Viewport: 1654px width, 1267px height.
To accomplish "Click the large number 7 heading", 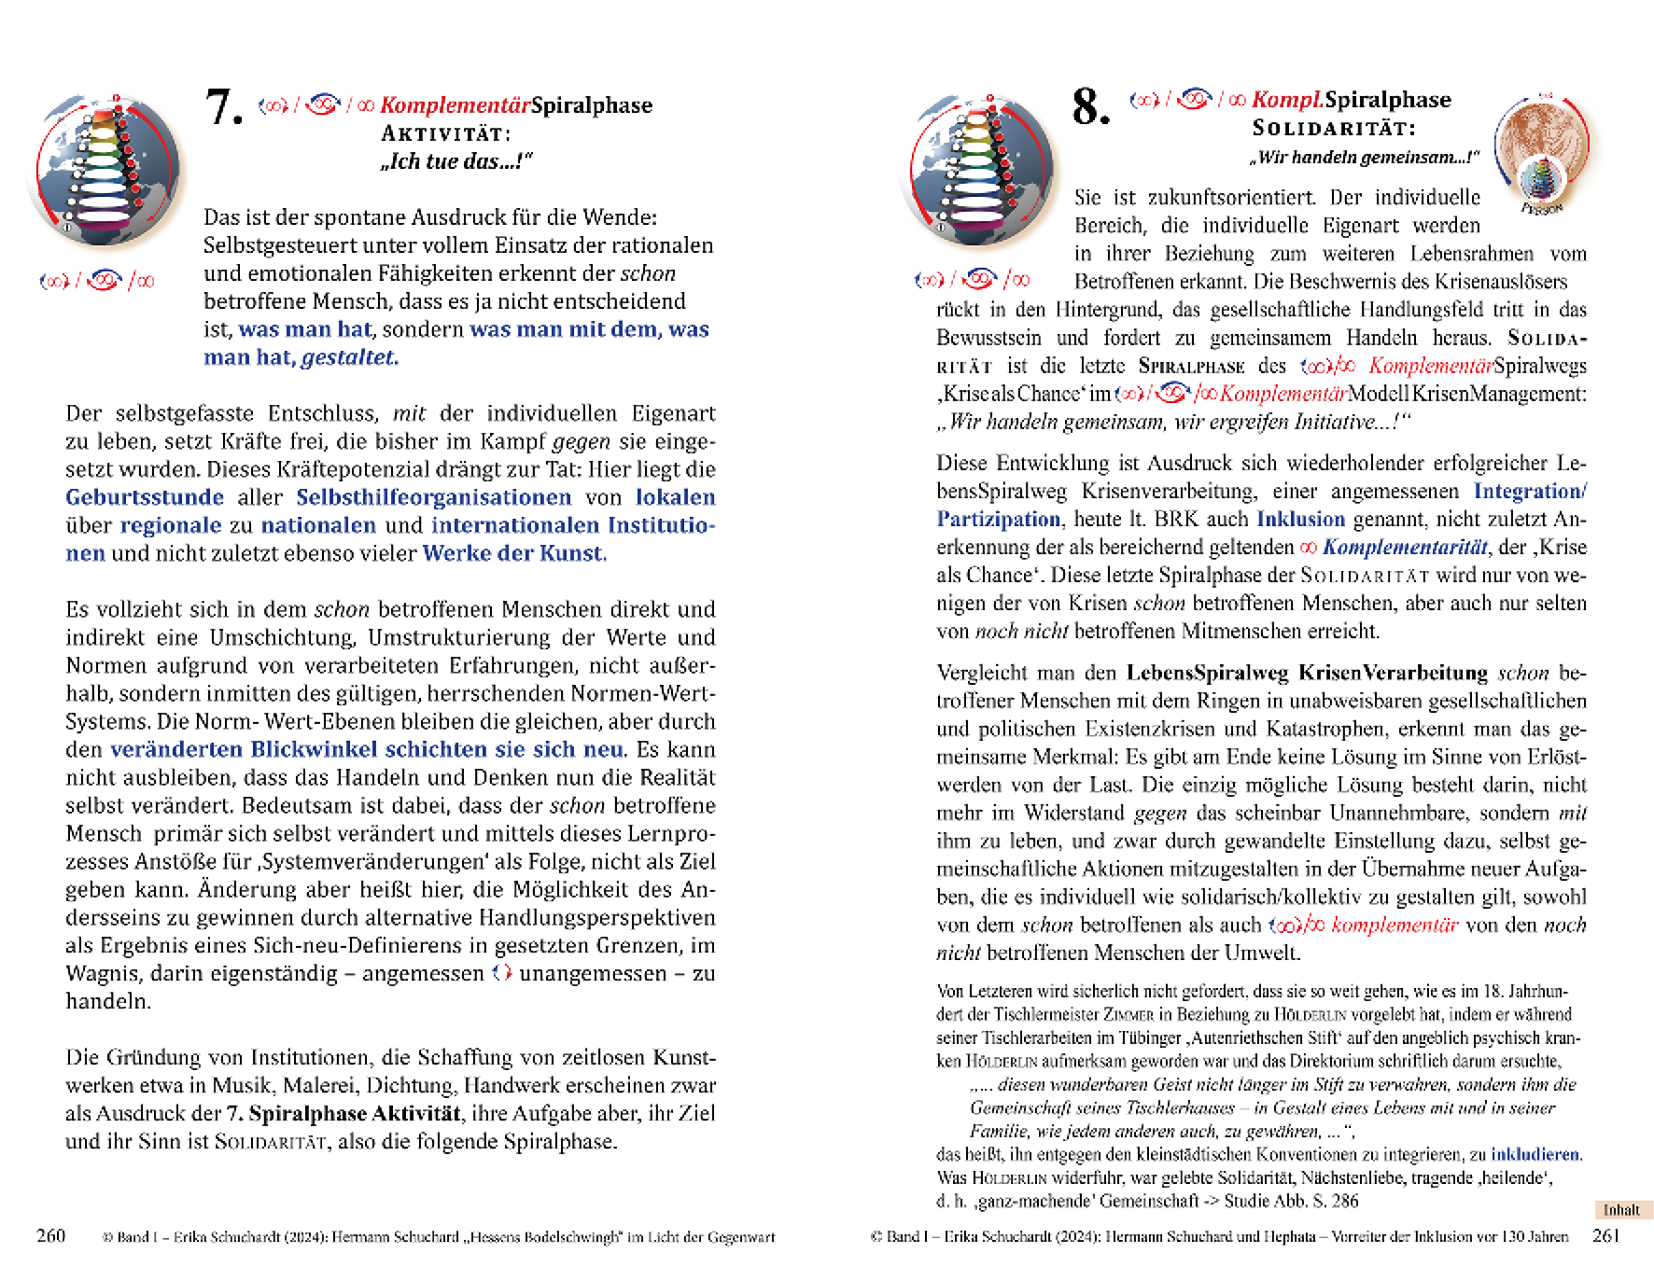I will (x=223, y=106).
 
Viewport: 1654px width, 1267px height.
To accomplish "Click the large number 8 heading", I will (x=1090, y=106).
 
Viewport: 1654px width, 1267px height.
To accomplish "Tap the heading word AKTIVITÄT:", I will (x=446, y=133).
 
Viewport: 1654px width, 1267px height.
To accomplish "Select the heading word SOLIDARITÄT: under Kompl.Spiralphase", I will (x=1334, y=128).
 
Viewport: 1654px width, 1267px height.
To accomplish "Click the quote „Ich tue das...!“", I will (x=456, y=161).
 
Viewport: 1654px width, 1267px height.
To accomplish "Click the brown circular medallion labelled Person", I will (x=1542, y=149).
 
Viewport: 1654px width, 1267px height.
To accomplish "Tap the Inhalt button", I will (x=1621, y=1210).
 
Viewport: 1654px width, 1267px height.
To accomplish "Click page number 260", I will (x=50, y=1236).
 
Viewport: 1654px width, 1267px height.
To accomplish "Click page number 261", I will (x=1606, y=1236).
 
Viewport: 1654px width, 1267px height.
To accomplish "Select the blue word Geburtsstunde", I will (x=145, y=497).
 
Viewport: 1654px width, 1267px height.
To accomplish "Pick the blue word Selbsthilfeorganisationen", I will (x=434, y=497).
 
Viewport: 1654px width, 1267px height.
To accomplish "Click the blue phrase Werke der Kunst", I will (x=514, y=553).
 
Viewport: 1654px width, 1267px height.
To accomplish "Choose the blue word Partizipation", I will (x=999, y=519).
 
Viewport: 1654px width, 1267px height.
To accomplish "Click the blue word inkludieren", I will (x=1535, y=1154).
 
